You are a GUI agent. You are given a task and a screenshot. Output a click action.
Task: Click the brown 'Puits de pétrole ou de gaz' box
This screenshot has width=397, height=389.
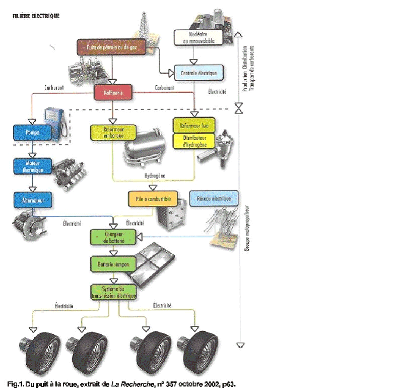(x=112, y=47)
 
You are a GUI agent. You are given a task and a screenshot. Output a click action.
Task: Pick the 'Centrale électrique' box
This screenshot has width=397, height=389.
(x=198, y=73)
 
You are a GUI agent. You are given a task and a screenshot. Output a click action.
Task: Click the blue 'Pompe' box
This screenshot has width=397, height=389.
(x=33, y=133)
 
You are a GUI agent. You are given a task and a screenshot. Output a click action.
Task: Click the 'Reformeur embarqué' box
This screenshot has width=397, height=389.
(x=113, y=132)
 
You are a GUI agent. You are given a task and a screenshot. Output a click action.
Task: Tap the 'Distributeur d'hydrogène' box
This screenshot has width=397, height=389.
(x=194, y=141)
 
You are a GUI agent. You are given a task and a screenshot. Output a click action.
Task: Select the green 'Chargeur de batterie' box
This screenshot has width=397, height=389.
(x=113, y=237)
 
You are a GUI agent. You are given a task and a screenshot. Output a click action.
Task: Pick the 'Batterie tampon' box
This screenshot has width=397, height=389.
(x=113, y=263)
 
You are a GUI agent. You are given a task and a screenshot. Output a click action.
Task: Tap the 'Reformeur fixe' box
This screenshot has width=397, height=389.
(x=194, y=125)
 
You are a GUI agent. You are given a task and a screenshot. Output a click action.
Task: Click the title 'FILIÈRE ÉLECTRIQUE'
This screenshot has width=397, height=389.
(x=36, y=16)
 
